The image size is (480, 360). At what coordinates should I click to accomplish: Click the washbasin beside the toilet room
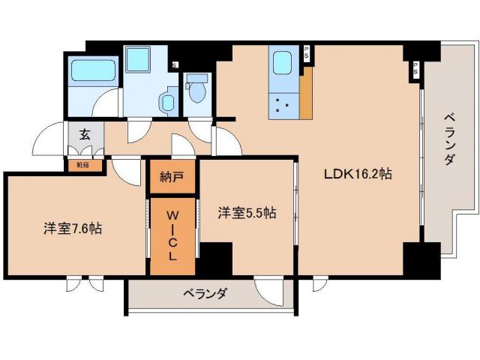[166, 101]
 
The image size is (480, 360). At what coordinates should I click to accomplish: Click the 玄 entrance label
[85, 135]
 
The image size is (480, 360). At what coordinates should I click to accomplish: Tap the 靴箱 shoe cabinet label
[82, 164]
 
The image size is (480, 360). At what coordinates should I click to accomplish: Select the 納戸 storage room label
[172, 177]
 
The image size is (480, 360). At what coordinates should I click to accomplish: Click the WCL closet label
[172, 234]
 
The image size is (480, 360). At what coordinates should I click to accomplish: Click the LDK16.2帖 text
[358, 173]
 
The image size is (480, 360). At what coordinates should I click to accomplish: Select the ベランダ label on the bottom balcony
[204, 293]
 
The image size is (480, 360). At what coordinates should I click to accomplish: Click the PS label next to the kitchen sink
[306, 54]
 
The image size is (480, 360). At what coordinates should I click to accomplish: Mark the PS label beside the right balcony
[413, 70]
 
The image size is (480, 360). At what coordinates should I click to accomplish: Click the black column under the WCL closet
[214, 259]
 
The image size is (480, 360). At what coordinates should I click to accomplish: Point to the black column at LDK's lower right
[420, 259]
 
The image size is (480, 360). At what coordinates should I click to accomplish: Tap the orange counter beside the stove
[305, 96]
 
